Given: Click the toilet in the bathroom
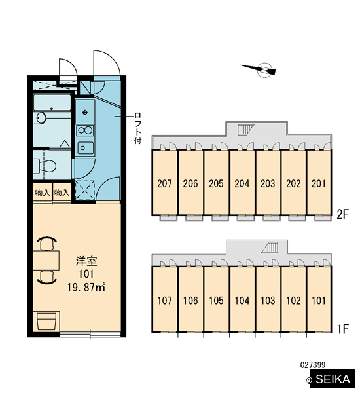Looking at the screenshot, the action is coord(45,166).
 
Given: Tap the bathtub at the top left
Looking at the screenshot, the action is coord(52,102).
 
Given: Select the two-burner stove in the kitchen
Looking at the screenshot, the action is coord(85,130).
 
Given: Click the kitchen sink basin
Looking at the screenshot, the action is coord(86,148).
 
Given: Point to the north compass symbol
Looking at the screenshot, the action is coord(261,69).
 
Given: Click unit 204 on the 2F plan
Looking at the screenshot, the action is coord(242,183).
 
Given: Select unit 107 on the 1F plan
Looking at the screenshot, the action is coord(164,299).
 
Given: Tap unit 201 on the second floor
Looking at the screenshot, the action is coord(319,183).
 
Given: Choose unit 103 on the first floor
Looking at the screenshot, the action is coord(268,299).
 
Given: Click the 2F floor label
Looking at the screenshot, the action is coord(343,215).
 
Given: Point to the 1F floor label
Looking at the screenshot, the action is coord(343,329).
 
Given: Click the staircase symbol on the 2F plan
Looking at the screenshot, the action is coord(245,130).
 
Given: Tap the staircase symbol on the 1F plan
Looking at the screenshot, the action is coord(270,248).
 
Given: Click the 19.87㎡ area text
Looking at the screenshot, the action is coord(86,288).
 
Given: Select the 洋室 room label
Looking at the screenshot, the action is coord(86,261).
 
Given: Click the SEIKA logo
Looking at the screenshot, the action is coord(333,379).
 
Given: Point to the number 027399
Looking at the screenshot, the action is coord(313,365).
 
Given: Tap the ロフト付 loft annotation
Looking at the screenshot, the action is coord(138,128).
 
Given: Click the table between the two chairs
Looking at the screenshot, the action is coord(46,260).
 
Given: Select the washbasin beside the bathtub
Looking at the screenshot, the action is coord(41,118).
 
